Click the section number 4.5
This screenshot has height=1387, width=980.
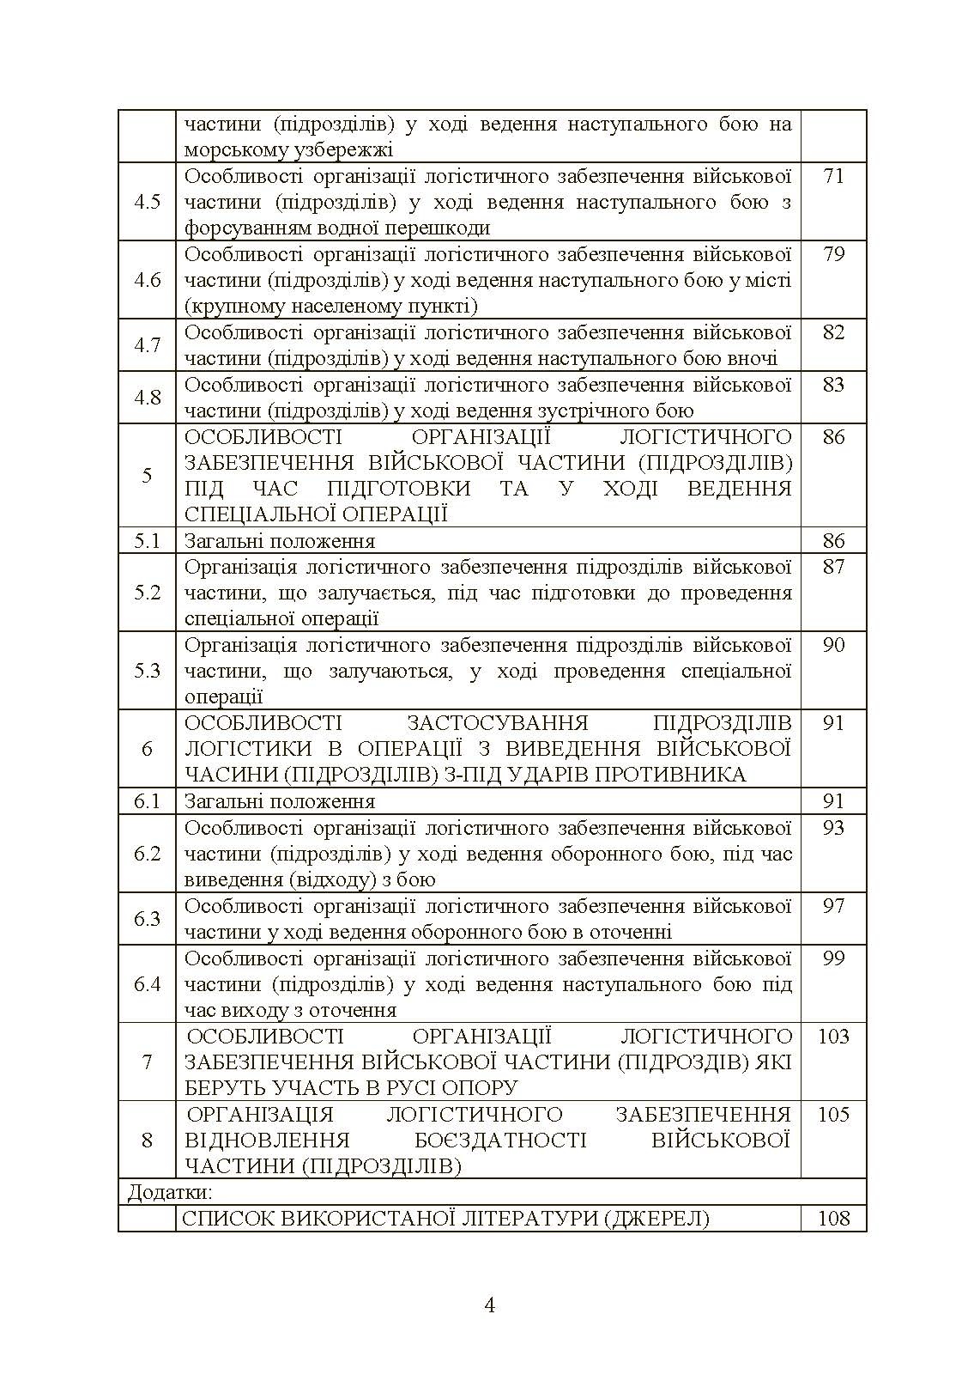[x=147, y=203]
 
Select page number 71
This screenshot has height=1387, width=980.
[x=833, y=177]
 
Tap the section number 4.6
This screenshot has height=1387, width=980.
[x=147, y=281]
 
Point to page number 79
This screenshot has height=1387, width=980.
[x=833, y=255]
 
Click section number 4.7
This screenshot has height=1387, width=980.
[x=147, y=346]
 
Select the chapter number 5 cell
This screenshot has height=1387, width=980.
[x=147, y=476]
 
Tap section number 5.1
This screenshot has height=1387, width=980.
[x=147, y=541]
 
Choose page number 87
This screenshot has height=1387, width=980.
[x=833, y=568]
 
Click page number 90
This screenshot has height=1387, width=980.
[x=833, y=646]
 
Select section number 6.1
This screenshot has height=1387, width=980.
[x=147, y=802]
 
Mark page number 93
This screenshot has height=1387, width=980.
[x=833, y=828]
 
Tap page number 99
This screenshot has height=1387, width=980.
[x=833, y=958]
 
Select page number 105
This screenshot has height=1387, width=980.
[x=833, y=1115]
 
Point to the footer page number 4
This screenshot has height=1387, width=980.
[x=490, y=1306]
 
